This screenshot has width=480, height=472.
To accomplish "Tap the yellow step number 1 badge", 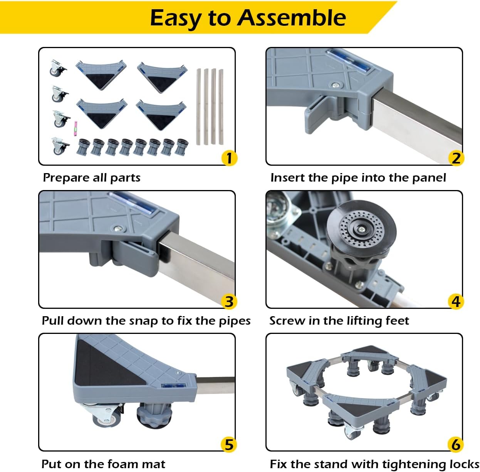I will tap(229, 158).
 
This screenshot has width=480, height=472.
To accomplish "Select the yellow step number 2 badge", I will tap(456, 158).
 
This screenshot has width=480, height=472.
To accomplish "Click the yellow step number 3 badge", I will tap(229, 301).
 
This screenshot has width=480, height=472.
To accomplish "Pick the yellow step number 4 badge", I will tap(456, 301).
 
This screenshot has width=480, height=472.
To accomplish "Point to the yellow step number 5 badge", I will tap(229, 444).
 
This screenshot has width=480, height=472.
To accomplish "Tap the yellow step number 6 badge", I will tap(456, 444).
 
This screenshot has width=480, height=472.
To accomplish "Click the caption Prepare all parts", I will tap(92, 178).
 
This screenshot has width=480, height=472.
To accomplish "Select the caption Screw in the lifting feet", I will tap(339, 321).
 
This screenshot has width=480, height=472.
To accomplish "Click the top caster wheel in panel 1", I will tap(57, 68).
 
